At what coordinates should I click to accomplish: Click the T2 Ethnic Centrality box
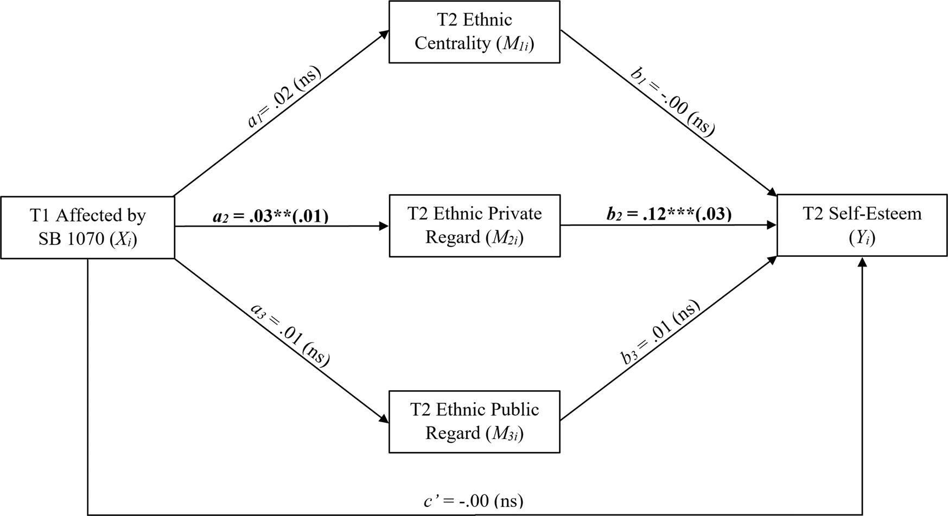(474, 31)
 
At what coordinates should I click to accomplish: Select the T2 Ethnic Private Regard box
(474, 225)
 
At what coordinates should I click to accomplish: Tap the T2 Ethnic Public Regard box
(474, 422)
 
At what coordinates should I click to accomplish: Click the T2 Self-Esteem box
(862, 225)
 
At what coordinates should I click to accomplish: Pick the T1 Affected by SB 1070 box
(87, 227)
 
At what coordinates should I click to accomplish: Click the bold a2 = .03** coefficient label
(270, 216)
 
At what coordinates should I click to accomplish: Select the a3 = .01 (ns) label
(290, 334)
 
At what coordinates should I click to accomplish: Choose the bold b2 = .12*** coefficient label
(669, 214)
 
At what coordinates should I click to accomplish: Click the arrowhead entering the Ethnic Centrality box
(384, 34)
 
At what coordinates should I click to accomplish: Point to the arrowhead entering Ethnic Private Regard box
(384, 226)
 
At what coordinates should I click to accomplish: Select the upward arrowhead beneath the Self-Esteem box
(862, 262)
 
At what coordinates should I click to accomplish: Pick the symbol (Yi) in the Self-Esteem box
(862, 237)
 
